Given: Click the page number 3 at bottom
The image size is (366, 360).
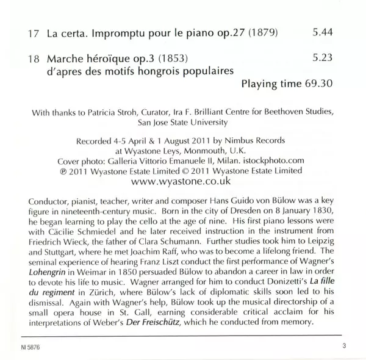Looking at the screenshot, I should [x=344, y=347].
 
